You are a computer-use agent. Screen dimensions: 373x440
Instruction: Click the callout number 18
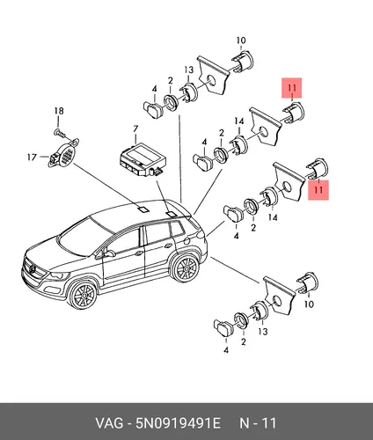click(59, 111)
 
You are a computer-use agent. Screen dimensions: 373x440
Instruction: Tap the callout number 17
click(32, 158)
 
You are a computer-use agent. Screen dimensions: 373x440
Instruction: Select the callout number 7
click(135, 129)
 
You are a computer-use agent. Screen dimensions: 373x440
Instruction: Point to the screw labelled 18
click(61, 134)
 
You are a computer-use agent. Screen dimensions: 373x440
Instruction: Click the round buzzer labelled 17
click(64, 153)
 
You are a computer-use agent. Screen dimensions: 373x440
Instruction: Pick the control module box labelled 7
click(143, 160)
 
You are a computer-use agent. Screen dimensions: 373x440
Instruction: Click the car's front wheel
click(84, 294)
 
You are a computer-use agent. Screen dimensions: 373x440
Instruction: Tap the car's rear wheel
click(186, 268)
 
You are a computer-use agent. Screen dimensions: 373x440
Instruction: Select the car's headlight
click(59, 275)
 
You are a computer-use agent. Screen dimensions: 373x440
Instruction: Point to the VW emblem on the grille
click(33, 268)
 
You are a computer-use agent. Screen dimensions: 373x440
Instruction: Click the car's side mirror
click(109, 253)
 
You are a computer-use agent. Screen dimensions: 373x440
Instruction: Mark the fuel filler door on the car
click(186, 241)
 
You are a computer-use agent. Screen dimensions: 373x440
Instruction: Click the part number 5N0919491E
click(178, 423)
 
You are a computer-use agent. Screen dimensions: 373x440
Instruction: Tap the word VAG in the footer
click(109, 423)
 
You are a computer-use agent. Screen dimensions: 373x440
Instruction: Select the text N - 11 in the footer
click(258, 423)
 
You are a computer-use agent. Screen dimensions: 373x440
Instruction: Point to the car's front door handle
click(139, 253)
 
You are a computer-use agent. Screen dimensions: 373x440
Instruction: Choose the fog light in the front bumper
click(52, 290)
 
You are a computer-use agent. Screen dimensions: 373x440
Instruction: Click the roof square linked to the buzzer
click(143, 209)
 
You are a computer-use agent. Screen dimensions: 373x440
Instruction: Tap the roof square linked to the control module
click(171, 214)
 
